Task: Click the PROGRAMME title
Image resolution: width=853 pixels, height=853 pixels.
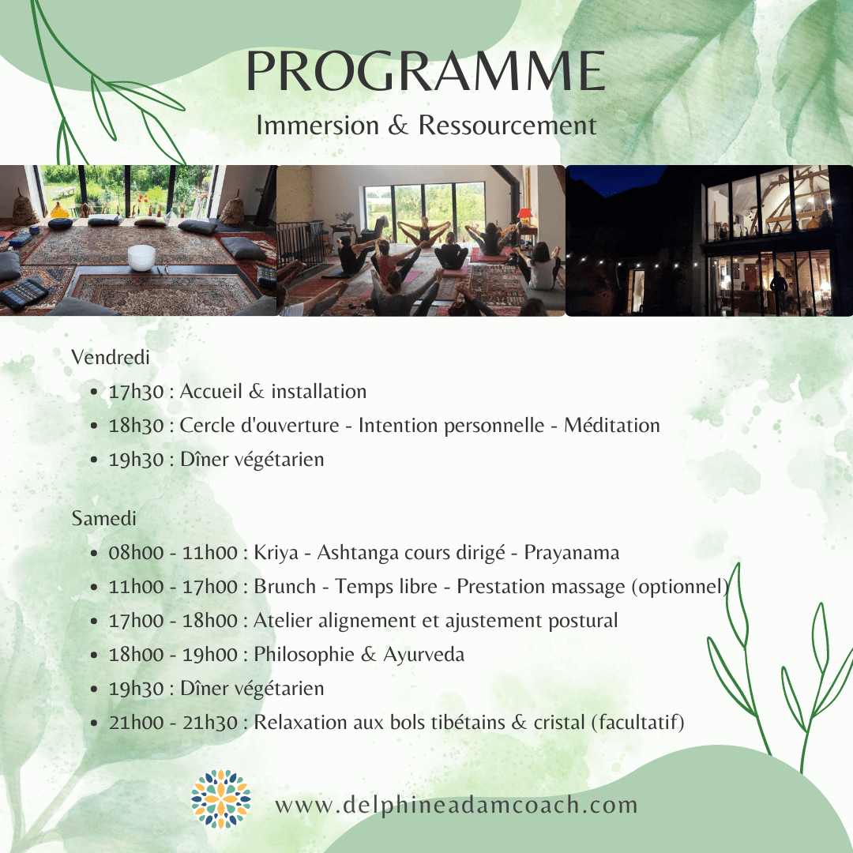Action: click(x=426, y=71)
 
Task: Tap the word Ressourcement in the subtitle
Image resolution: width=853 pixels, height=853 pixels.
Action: click(x=507, y=125)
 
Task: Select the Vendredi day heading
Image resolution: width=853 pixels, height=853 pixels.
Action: click(x=111, y=358)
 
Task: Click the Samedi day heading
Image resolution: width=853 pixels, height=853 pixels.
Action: click(x=104, y=518)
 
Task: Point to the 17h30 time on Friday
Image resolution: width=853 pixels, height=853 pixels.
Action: click(x=136, y=392)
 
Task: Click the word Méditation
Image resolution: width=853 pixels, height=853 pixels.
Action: click(x=612, y=426)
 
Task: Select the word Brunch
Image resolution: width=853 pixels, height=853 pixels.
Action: click(x=284, y=586)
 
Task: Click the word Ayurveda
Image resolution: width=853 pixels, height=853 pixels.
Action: click(x=424, y=655)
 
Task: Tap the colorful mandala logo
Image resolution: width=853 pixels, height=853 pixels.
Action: click(x=221, y=799)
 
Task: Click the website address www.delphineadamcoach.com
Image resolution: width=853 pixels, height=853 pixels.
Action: click(x=456, y=805)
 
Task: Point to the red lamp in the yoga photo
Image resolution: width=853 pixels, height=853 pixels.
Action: click(x=524, y=214)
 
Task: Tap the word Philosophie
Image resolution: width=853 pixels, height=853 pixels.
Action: click(x=304, y=655)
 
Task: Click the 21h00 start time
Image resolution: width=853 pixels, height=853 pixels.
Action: click(x=136, y=723)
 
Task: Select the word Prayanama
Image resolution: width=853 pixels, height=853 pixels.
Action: click(x=572, y=553)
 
